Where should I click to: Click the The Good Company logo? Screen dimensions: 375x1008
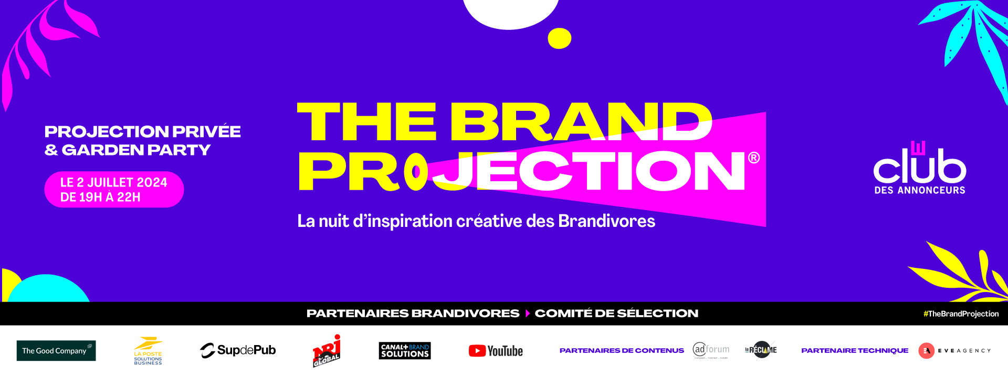[56, 350]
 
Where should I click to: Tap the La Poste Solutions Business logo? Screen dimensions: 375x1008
[148, 351]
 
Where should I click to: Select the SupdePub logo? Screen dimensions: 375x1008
[238, 350]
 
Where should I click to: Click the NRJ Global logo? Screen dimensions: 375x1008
[327, 351]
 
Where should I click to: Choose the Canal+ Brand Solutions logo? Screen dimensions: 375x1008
[405, 350]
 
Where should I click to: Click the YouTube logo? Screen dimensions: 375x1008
[496, 350]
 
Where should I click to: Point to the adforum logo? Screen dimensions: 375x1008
[711, 350]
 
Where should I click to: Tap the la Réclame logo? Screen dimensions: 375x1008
[761, 350]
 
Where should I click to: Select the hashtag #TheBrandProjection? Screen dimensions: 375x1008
[961, 314]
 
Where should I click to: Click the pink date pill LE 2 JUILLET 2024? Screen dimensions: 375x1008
[114, 190]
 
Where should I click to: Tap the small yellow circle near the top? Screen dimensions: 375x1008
[559, 38]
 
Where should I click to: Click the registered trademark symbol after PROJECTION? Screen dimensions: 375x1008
[754, 158]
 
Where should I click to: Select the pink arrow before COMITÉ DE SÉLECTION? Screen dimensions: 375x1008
[528, 314]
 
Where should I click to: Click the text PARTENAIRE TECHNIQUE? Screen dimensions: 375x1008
[854, 350]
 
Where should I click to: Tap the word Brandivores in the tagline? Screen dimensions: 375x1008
[606, 221]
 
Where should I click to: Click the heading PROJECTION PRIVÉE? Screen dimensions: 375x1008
[142, 131]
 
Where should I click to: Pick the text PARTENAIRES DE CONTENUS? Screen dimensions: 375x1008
[622, 350]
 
